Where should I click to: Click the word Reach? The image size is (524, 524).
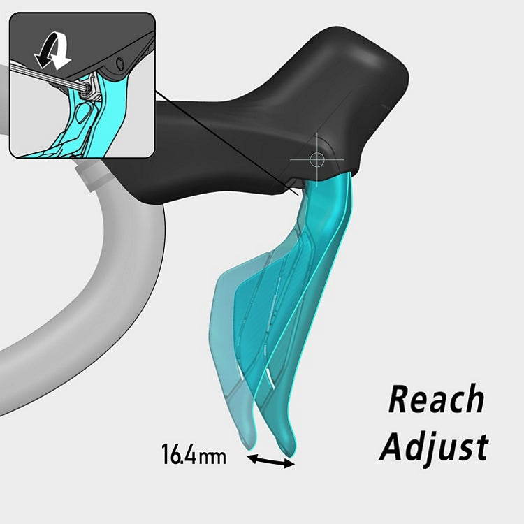coord(436,400)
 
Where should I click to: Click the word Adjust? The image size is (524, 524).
coord(433,445)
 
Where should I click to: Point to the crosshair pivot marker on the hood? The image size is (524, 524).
coord(316,159)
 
